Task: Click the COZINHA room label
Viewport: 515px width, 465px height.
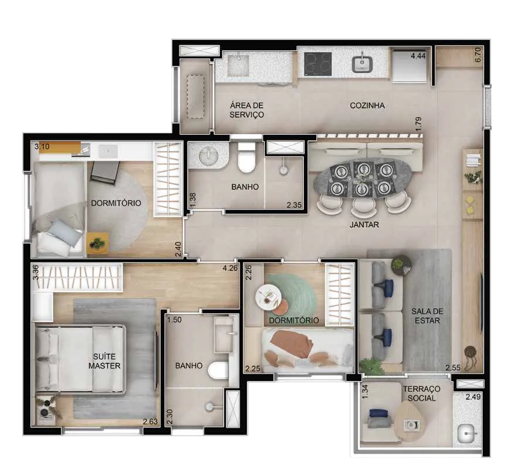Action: (367, 105)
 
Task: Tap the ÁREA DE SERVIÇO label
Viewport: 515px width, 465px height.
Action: (247, 110)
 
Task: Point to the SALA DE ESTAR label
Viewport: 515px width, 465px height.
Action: (427, 316)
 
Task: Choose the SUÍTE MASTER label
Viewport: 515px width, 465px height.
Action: (104, 361)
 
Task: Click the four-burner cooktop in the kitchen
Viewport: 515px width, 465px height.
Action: (318, 64)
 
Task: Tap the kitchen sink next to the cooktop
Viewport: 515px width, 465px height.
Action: (362, 64)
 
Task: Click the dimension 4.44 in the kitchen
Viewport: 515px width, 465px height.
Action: (418, 56)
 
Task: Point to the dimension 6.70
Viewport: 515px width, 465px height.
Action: (478, 55)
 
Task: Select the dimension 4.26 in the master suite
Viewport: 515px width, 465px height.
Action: (230, 268)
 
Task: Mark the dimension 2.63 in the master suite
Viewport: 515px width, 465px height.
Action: (150, 421)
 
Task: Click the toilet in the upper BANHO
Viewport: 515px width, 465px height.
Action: (246, 158)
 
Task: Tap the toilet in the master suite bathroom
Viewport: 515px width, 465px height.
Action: (218, 370)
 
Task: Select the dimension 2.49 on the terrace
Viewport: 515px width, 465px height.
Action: (473, 396)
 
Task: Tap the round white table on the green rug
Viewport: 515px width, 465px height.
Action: (268, 296)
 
